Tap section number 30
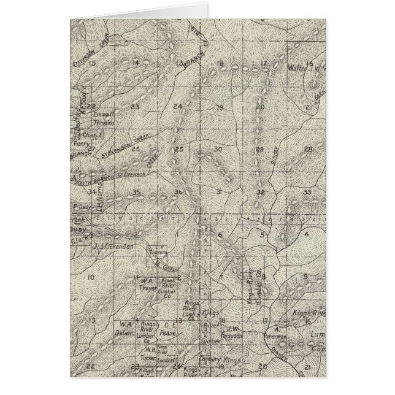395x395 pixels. [x=217, y=149]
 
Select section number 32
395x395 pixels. [x=261, y=192]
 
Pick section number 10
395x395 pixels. [x=90, y=278]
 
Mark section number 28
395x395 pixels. [x=308, y=149]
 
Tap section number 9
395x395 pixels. [x=305, y=277]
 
